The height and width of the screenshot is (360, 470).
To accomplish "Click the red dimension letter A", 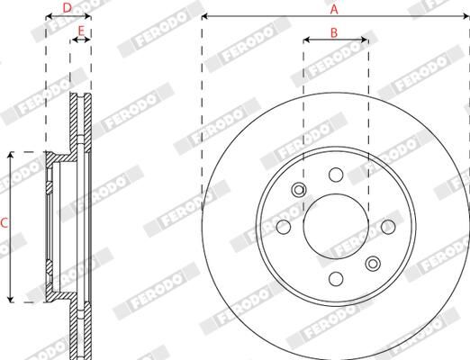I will [334, 9].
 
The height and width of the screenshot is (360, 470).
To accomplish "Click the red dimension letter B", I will [334, 32].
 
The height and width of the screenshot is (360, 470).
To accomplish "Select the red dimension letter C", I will [5, 222].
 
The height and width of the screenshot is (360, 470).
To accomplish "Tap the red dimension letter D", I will [68, 8].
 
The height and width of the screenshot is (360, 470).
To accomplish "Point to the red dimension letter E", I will [81, 32].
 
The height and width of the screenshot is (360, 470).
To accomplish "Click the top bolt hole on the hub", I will [335, 174].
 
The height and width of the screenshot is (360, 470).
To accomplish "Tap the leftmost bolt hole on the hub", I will [283, 226].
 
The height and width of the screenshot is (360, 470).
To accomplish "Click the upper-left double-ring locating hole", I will [298, 190].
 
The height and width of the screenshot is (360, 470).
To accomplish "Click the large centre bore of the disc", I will [335, 226].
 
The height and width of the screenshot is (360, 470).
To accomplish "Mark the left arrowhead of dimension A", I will [204, 16].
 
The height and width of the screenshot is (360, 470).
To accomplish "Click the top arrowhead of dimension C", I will [11, 155].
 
